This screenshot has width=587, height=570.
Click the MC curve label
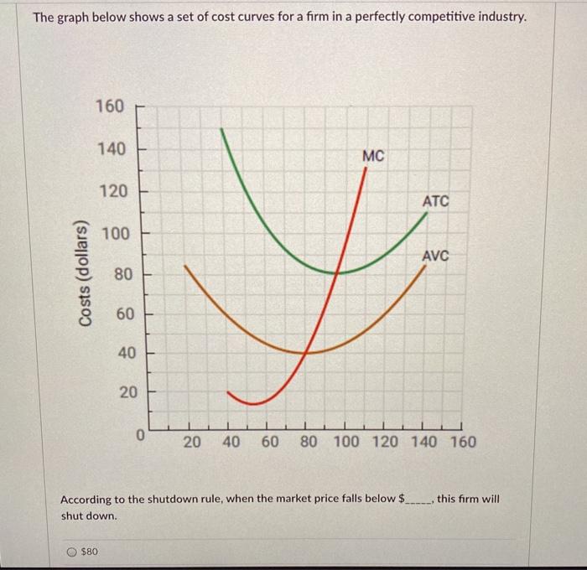(374, 156)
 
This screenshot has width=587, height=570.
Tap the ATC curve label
(435, 201)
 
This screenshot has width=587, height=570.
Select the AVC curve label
(435, 255)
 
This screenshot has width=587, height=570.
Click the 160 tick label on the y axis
(110, 106)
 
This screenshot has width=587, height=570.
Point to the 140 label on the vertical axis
(110, 149)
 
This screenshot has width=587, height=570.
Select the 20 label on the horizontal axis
(192, 442)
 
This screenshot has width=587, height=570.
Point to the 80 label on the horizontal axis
(307, 442)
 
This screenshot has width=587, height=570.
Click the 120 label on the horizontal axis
(385, 442)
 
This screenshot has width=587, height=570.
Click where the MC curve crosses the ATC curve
(336, 272)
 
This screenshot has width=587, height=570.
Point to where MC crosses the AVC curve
(307, 352)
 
